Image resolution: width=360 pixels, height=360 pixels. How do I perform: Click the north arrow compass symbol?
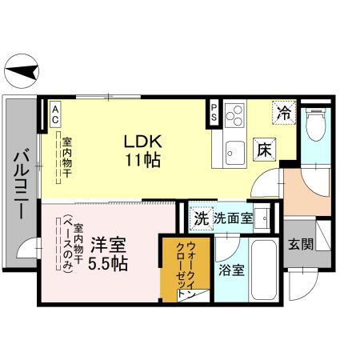(21, 74)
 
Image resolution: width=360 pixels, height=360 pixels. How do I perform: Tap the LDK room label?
(143, 141)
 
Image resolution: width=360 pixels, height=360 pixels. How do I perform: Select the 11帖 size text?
(143, 159)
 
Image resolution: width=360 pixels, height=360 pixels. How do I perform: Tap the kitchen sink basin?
(233, 150)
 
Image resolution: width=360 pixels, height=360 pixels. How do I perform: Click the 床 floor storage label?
(265, 148)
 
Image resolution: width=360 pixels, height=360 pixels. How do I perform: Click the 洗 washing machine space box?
(201, 217)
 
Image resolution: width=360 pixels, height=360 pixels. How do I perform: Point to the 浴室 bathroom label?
(232, 270)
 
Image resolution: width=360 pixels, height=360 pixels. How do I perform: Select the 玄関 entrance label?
(301, 245)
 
